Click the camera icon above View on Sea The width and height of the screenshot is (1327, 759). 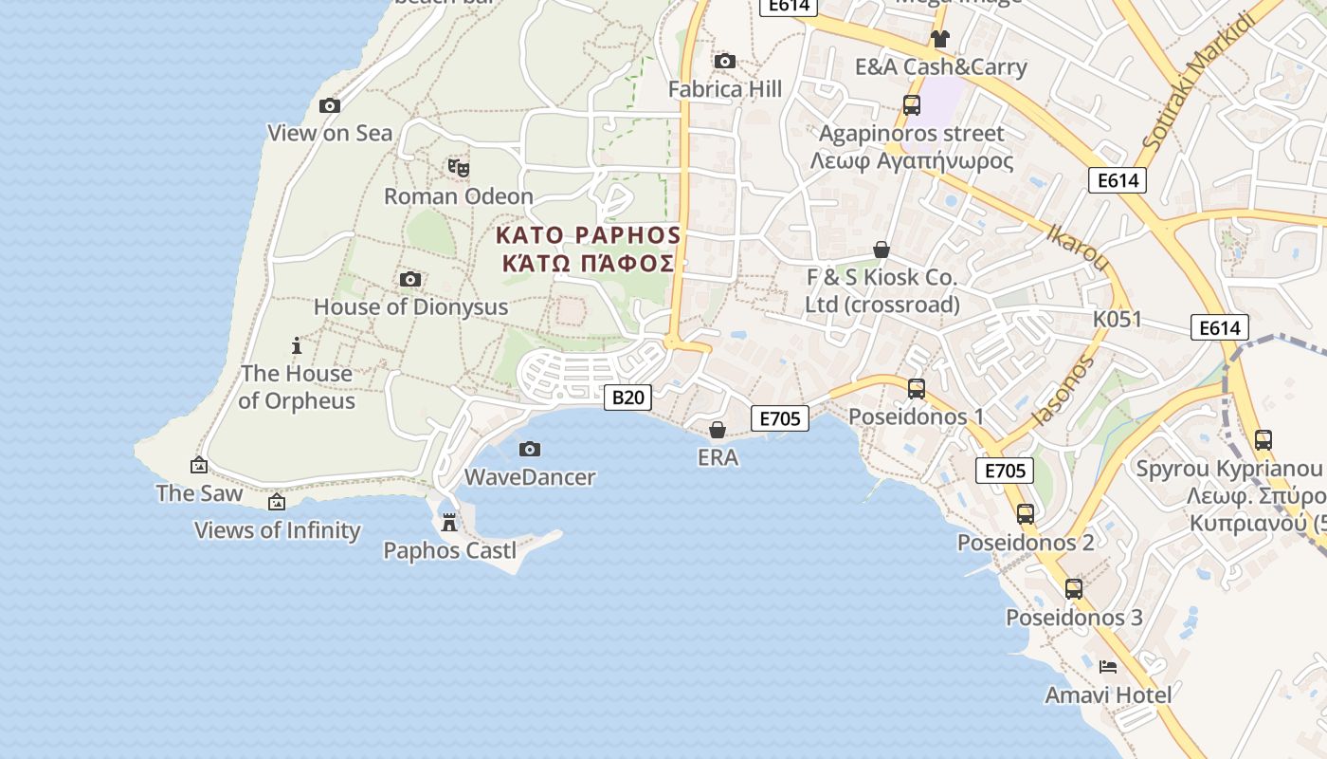(330, 105)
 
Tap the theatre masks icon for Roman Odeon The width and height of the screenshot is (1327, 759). (459, 168)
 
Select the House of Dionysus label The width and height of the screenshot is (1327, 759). (410, 307)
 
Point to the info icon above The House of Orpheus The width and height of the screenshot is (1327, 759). (297, 345)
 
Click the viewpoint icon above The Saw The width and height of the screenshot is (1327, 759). (199, 465)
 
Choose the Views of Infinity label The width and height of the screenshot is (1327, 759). (277, 530)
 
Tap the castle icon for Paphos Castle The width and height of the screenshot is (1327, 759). (449, 522)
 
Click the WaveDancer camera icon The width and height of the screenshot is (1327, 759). (530, 449)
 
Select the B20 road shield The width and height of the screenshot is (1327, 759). (627, 398)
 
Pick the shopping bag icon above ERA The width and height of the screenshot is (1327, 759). (718, 430)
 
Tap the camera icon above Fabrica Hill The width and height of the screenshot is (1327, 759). (725, 62)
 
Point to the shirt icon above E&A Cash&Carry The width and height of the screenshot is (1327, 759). (939, 39)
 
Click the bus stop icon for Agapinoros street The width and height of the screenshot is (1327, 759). (911, 105)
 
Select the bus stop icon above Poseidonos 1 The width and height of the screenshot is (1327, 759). (916, 388)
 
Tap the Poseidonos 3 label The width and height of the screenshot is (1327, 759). (1074, 618)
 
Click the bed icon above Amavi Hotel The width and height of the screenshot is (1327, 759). (1107, 667)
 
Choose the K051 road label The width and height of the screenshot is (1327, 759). (1118, 320)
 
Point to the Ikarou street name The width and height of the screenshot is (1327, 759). (1077, 247)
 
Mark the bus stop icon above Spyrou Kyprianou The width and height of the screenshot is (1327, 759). (1263, 439)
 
